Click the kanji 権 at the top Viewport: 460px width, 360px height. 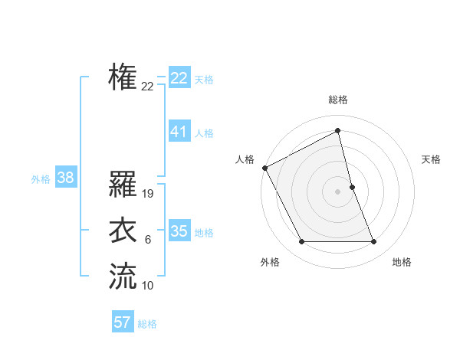click(x=123, y=77)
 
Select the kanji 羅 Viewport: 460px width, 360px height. click(x=123, y=185)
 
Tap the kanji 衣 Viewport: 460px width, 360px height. click(x=123, y=231)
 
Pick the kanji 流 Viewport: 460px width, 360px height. click(x=123, y=277)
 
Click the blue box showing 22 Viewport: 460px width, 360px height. click(x=179, y=78)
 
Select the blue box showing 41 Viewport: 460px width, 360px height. click(x=179, y=132)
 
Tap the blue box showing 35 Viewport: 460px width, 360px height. click(x=179, y=231)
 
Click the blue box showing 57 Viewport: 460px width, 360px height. click(x=123, y=322)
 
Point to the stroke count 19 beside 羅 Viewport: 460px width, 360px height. click(x=149, y=194)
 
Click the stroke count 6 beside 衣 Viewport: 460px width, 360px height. click(x=148, y=240)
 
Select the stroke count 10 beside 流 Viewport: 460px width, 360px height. click(x=148, y=286)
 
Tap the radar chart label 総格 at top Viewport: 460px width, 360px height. click(x=338, y=100)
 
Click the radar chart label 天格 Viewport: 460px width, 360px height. click(x=431, y=159)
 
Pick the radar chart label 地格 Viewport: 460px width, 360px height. click(x=402, y=262)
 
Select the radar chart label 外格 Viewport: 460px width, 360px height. click(x=270, y=262)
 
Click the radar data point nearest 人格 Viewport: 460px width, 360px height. click(x=264, y=168)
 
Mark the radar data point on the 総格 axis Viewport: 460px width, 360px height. click(x=338, y=130)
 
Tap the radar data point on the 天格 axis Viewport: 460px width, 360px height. click(x=352, y=187)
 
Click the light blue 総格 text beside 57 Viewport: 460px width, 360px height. click(x=147, y=324)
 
